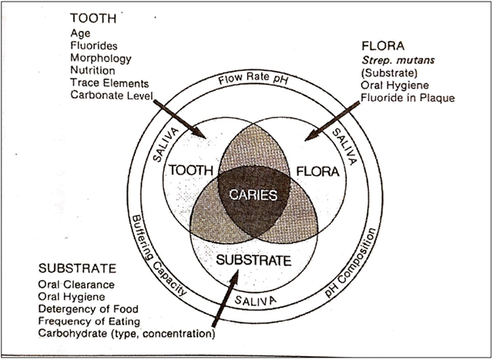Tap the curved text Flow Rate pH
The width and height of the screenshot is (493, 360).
point(253,79)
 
